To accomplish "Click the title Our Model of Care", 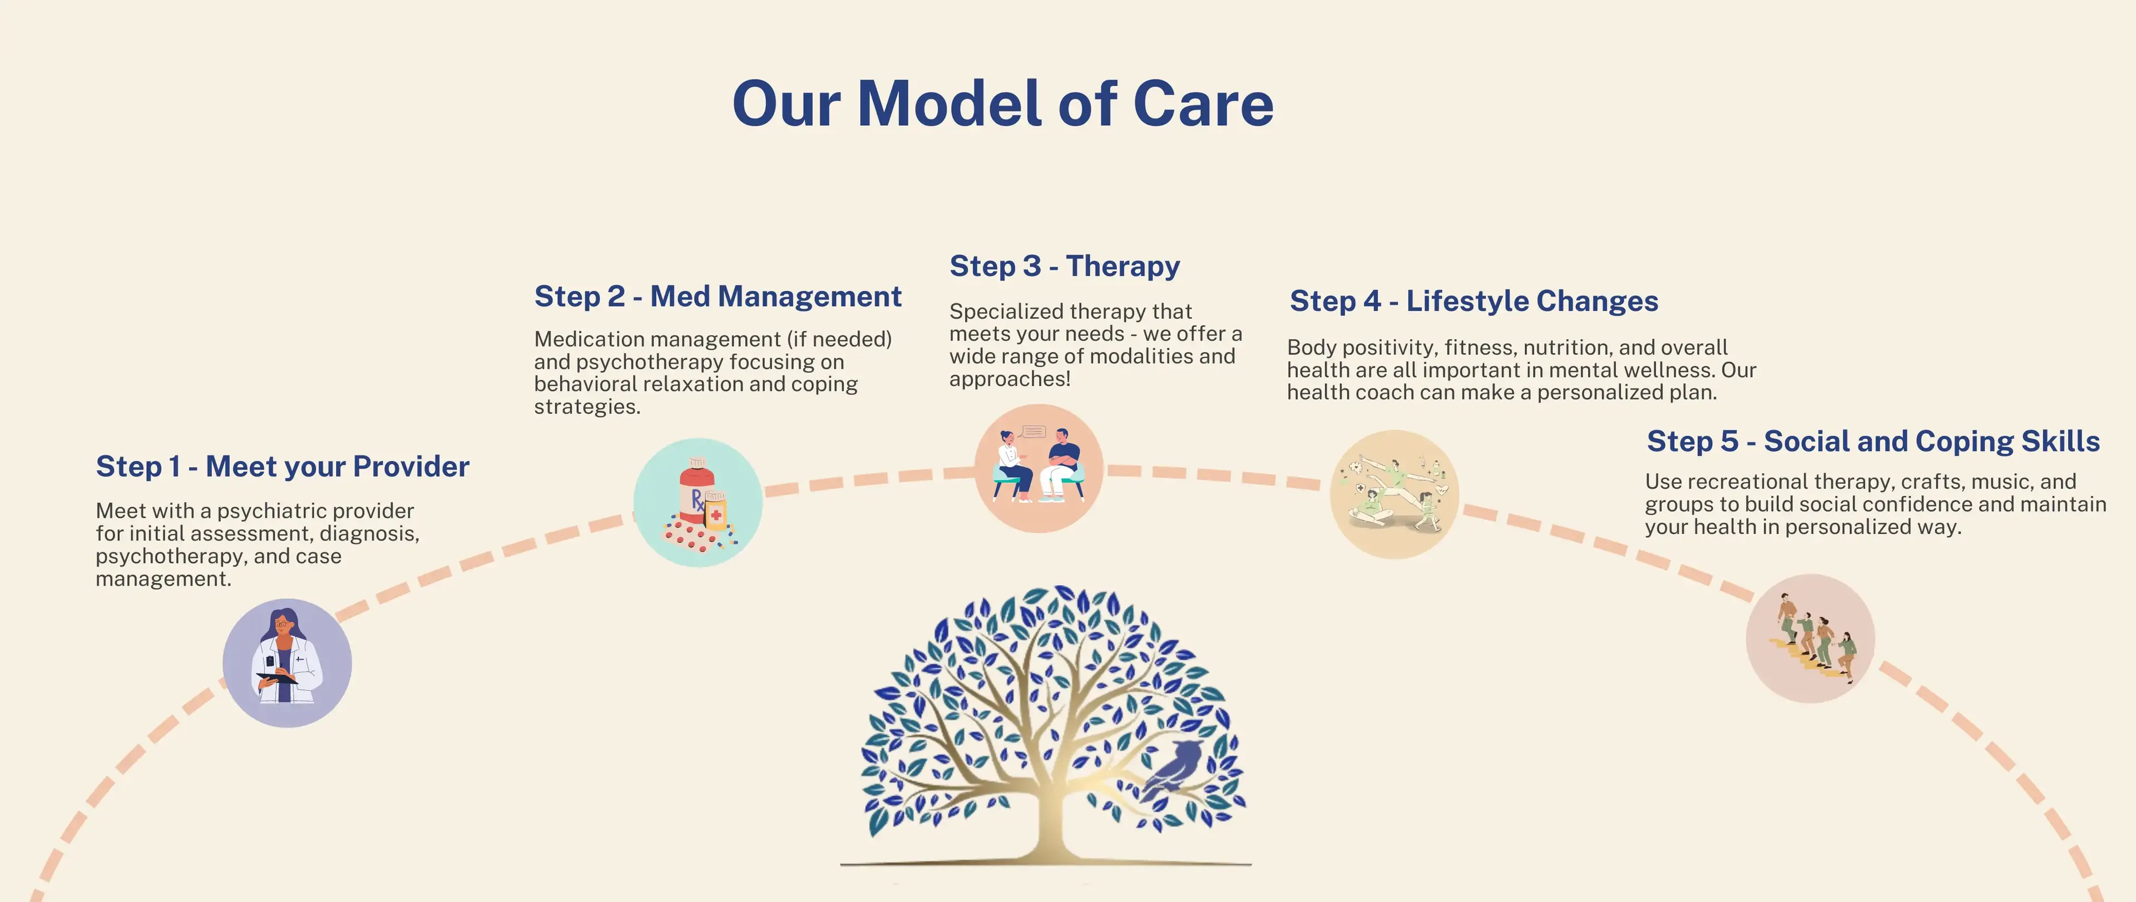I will (1002, 105).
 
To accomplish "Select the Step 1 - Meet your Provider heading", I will (282, 467).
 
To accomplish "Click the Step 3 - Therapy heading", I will (1064, 266).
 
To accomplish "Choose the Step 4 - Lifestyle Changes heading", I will (1474, 301).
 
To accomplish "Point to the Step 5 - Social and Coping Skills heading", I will (1872, 441).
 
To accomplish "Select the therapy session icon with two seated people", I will (1038, 468).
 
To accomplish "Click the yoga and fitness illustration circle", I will (1394, 494).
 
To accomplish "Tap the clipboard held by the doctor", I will (276, 678).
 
